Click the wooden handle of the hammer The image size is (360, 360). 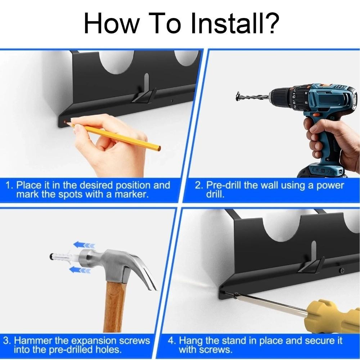pos(114,306)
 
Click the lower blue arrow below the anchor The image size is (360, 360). pos(80,270)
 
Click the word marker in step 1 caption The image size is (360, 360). pos(130,194)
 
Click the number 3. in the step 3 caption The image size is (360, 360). pos(7,341)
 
